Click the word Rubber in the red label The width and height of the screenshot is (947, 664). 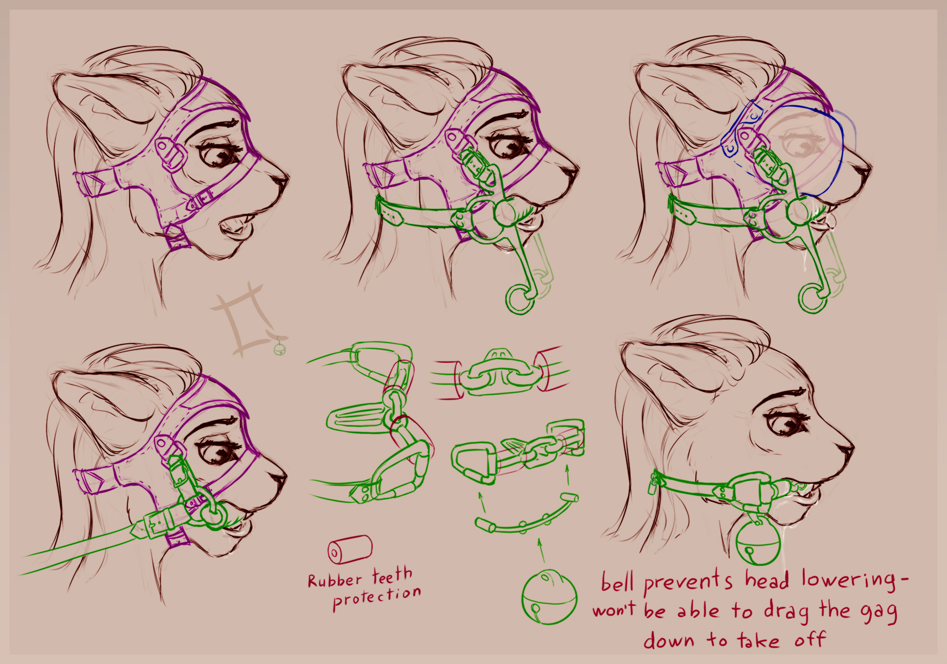pyautogui.click(x=335, y=580)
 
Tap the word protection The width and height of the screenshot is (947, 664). pyautogui.click(x=377, y=598)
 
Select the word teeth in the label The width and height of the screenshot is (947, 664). pyautogui.click(x=392, y=575)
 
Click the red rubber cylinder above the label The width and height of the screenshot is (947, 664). pyautogui.click(x=350, y=549)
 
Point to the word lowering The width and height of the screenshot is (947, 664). pyautogui.click(x=854, y=581)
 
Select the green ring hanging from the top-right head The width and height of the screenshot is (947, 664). pyautogui.click(x=813, y=298)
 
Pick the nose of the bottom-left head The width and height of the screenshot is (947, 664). pyautogui.click(x=278, y=476)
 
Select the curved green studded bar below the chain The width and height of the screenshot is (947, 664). pyautogui.click(x=527, y=514)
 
